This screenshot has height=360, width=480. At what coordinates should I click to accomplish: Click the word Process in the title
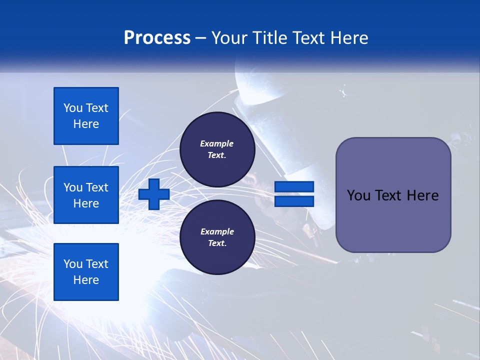point(157,37)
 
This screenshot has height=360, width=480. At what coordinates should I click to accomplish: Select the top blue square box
point(86,116)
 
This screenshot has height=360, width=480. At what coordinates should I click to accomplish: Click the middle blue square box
point(86,195)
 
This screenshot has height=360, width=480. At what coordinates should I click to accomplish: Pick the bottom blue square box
point(86,271)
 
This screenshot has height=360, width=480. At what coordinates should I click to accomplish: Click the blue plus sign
point(154,194)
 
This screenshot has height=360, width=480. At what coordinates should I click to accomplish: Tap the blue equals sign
point(294,194)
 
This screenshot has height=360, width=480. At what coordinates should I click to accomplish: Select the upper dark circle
point(217,149)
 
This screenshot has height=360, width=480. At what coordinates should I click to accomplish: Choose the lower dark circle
point(217,237)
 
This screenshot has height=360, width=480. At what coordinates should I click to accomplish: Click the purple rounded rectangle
point(393,195)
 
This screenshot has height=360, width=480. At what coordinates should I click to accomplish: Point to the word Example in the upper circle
point(216,143)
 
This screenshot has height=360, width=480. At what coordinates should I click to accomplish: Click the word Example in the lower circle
point(217,231)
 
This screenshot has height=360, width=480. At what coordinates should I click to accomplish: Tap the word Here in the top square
point(86,124)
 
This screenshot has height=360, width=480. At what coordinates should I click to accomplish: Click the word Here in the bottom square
point(86,280)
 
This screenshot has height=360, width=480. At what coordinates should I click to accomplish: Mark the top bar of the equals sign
point(294,187)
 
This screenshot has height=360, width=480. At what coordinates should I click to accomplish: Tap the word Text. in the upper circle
point(217,155)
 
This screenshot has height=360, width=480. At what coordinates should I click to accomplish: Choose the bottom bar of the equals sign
point(294,201)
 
